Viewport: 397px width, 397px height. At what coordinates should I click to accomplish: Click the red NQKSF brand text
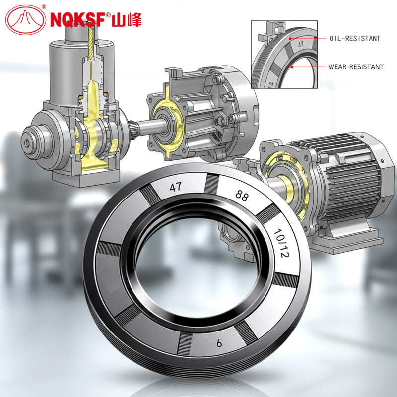77,20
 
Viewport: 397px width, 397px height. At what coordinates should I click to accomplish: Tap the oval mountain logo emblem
26,20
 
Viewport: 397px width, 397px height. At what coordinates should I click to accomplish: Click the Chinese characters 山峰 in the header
127,20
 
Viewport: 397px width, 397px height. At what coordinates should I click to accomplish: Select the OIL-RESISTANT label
355,39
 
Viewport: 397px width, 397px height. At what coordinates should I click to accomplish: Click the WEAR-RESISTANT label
356,67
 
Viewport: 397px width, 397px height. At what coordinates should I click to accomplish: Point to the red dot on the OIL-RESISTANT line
290,39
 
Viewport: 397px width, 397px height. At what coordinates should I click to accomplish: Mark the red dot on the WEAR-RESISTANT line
292,67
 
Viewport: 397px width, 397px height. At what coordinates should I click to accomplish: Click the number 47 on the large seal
176,187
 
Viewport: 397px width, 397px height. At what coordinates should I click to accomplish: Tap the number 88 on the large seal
242,196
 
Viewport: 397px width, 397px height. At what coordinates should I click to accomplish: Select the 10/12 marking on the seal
281,243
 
